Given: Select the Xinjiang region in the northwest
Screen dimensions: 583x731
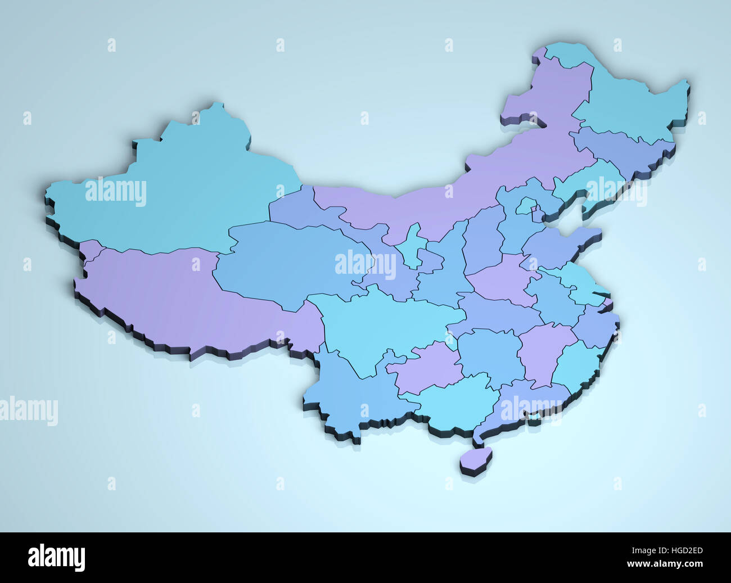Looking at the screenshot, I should tap(186, 186).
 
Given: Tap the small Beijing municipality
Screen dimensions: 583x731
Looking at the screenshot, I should tap(525, 206).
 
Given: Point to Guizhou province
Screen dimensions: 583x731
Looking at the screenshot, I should tap(427, 365).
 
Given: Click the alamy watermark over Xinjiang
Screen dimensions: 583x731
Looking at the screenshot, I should tap(116, 192).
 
